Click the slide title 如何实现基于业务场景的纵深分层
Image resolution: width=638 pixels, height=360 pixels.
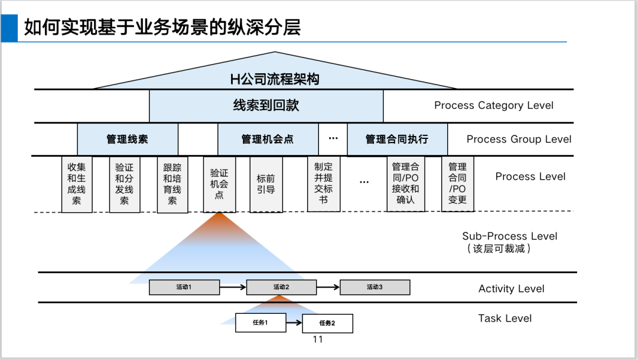tap(162, 27)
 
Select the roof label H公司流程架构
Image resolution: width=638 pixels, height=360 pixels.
tap(275, 79)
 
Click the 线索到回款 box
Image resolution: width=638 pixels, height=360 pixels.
tap(266, 106)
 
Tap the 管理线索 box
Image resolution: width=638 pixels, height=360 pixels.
tap(128, 140)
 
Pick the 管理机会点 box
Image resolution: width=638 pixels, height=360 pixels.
tap(268, 140)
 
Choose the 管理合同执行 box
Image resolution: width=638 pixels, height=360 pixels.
tap(397, 140)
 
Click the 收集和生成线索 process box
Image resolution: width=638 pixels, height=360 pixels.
tap(77, 184)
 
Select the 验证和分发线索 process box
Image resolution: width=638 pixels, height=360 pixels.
tap(125, 184)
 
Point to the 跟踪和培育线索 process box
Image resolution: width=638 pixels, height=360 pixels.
tap(172, 184)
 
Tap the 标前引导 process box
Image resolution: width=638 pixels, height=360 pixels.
tap(266, 184)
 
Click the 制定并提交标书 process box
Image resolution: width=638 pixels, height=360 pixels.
tap(323, 184)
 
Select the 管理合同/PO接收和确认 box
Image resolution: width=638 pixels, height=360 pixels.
tap(406, 184)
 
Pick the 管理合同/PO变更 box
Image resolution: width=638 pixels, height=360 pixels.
tap(458, 184)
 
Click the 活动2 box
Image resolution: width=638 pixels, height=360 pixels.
tap(281, 288)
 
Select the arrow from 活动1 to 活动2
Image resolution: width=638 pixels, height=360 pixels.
tap(233, 288)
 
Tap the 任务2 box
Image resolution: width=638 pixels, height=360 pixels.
tap(327, 323)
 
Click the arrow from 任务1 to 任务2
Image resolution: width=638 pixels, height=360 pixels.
tap(294, 323)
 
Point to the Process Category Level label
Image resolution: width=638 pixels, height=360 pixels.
tap(494, 106)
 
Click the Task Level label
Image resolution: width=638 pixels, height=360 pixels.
tap(505, 319)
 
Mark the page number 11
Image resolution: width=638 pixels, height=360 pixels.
tap(318, 339)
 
